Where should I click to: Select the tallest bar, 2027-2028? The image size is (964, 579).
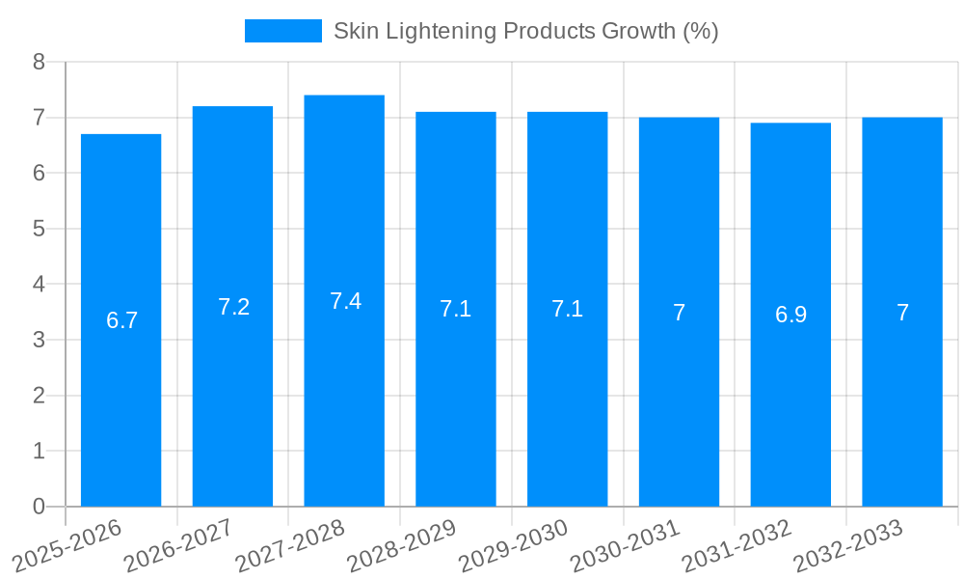(x=344, y=405)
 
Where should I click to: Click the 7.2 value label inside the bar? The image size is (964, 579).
(x=233, y=307)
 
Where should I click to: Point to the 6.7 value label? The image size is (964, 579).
(x=121, y=320)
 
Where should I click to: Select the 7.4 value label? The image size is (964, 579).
(x=345, y=301)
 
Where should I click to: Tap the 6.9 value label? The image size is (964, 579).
(x=790, y=315)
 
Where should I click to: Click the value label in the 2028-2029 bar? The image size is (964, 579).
(x=455, y=309)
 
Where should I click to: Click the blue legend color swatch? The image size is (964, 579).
(x=282, y=31)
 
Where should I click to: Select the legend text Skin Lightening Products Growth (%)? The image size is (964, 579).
(x=525, y=31)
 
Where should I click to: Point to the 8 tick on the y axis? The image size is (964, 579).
(x=39, y=62)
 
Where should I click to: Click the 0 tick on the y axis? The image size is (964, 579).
(x=39, y=507)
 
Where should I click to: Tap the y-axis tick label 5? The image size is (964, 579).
(x=39, y=229)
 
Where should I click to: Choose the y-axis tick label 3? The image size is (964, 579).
(x=39, y=340)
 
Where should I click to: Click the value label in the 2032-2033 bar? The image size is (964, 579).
(x=902, y=313)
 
